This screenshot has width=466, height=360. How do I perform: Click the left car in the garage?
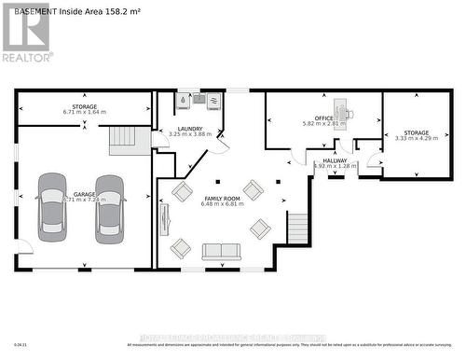[x=52, y=207]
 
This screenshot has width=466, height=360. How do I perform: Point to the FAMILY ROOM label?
[x=221, y=199]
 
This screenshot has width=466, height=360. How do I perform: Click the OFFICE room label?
[x=323, y=118]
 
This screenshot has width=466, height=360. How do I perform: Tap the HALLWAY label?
[x=335, y=160]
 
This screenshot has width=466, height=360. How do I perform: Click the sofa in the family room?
[x=221, y=251]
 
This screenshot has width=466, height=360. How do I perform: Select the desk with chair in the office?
[x=343, y=113]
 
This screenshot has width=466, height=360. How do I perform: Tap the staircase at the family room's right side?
[x=297, y=228]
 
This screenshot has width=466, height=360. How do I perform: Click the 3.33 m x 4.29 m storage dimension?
[x=412, y=139]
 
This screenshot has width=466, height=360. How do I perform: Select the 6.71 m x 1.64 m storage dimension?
[x=84, y=112]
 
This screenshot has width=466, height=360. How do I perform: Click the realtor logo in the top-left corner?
[x=26, y=34]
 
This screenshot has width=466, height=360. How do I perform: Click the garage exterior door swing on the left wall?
[x=23, y=246]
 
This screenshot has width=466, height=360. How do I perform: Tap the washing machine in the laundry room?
[x=214, y=101]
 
